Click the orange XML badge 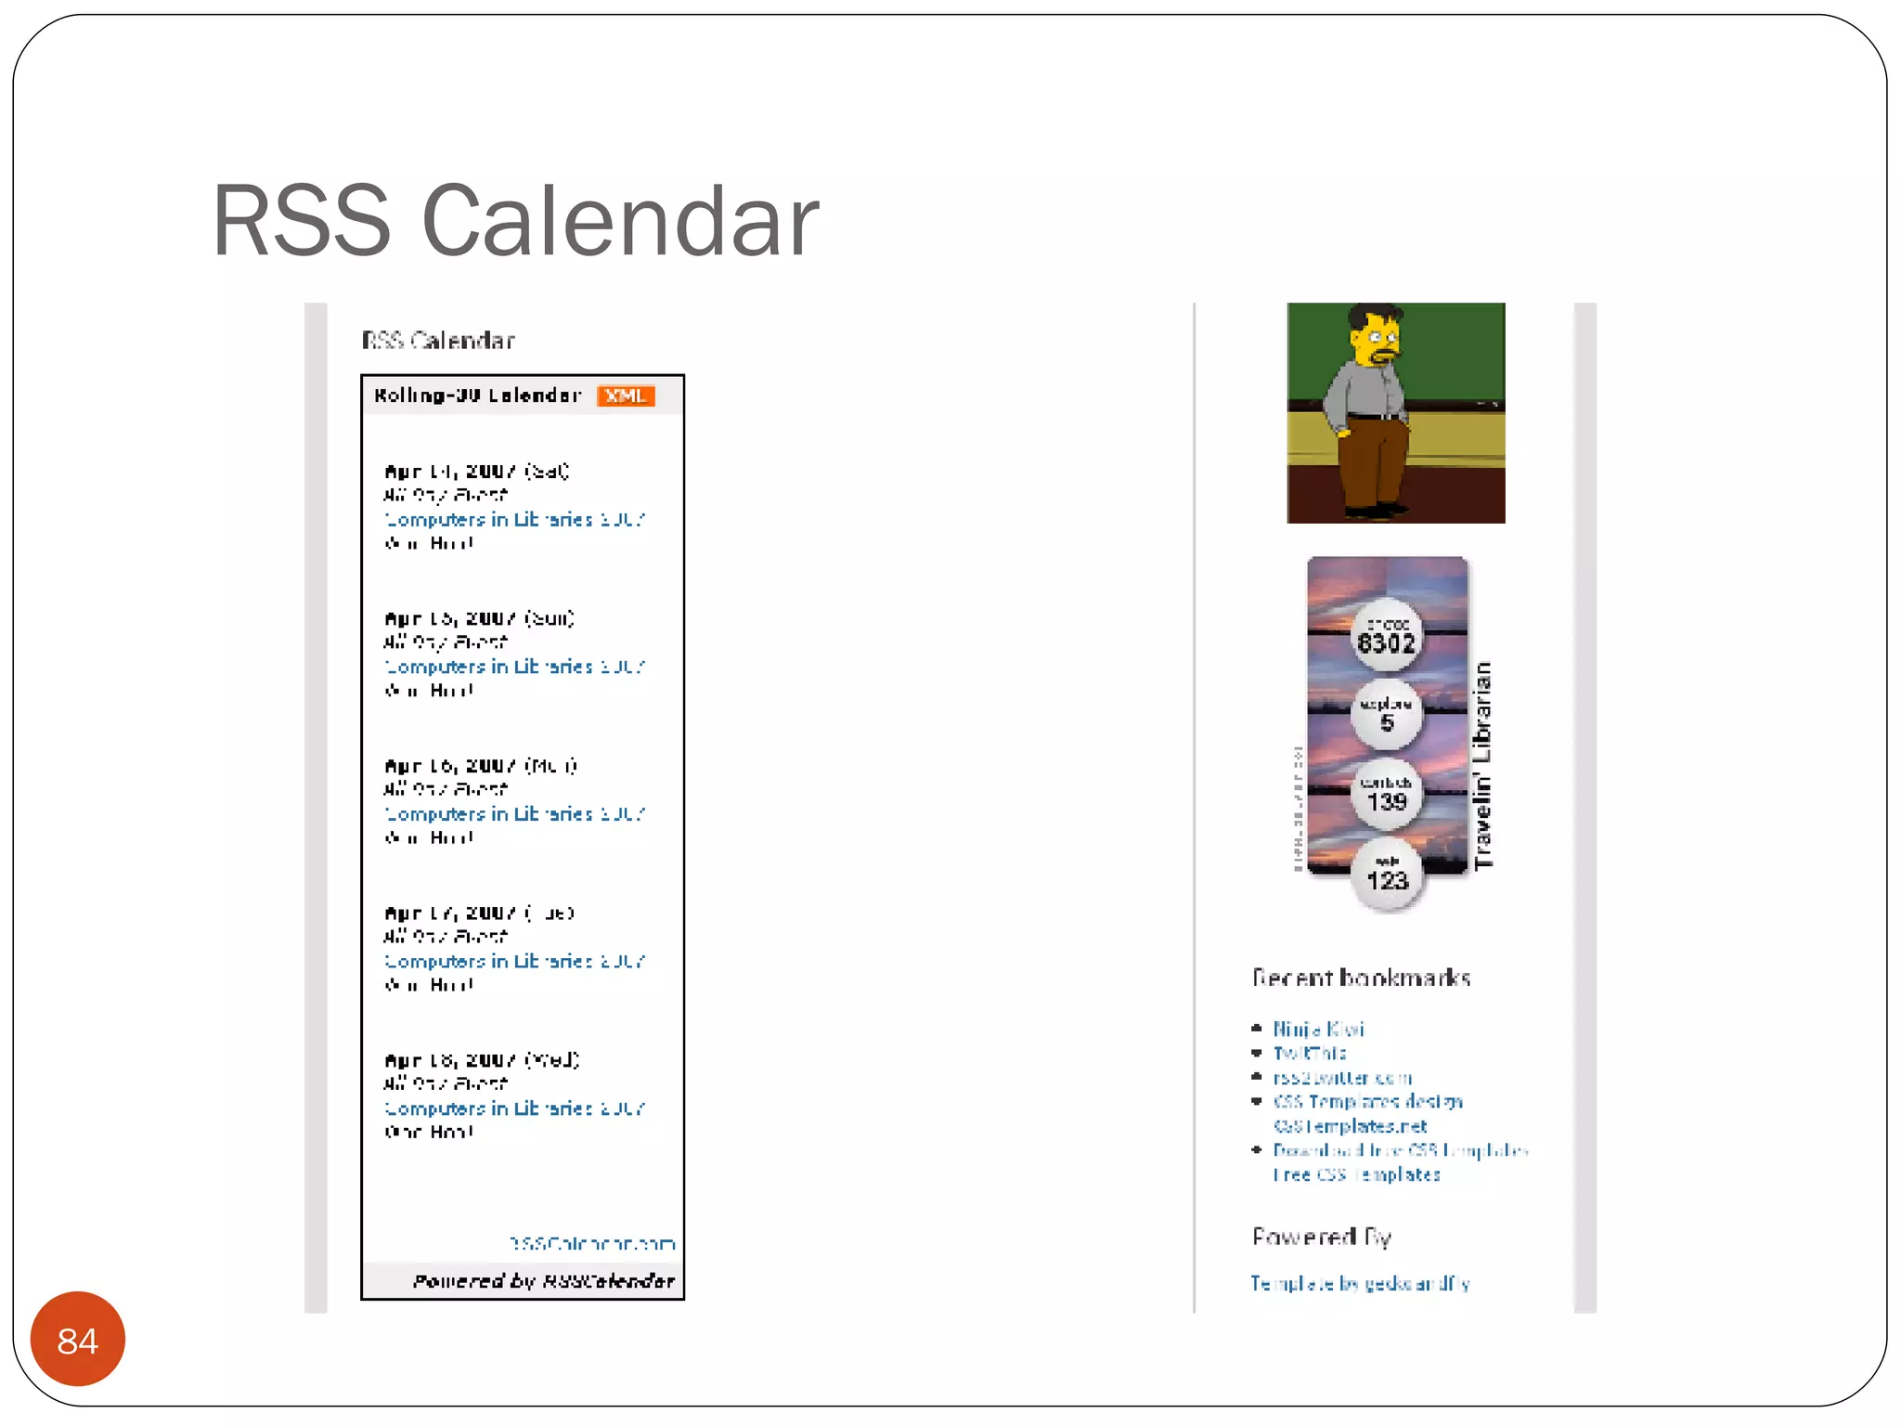coord(626,395)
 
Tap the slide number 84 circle coord(78,1340)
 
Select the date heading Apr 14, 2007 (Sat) coord(476,471)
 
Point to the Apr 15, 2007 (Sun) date coord(479,618)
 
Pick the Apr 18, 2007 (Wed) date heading coord(482,1060)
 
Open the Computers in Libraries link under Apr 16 coord(514,814)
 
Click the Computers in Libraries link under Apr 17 coord(514,961)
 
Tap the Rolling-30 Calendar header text coord(477,395)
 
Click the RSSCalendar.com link coord(592,1243)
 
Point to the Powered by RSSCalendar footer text coord(543,1281)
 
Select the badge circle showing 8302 coord(1387,637)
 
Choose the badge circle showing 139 coord(1387,795)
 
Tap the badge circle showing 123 coord(1387,875)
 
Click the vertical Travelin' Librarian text coord(1483,765)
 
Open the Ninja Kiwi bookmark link coord(1318,1029)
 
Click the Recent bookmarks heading coord(1361,978)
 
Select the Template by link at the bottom coord(1360,1283)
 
